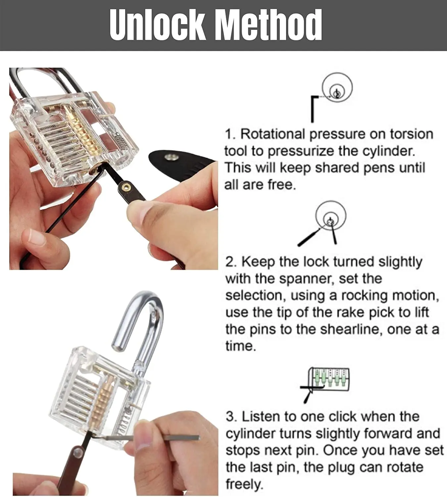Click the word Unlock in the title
coord(157,25)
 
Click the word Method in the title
coord(268,25)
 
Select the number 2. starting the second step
coord(231,262)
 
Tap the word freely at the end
coord(244,484)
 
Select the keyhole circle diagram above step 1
coord(337,88)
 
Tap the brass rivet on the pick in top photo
coord(125,188)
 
